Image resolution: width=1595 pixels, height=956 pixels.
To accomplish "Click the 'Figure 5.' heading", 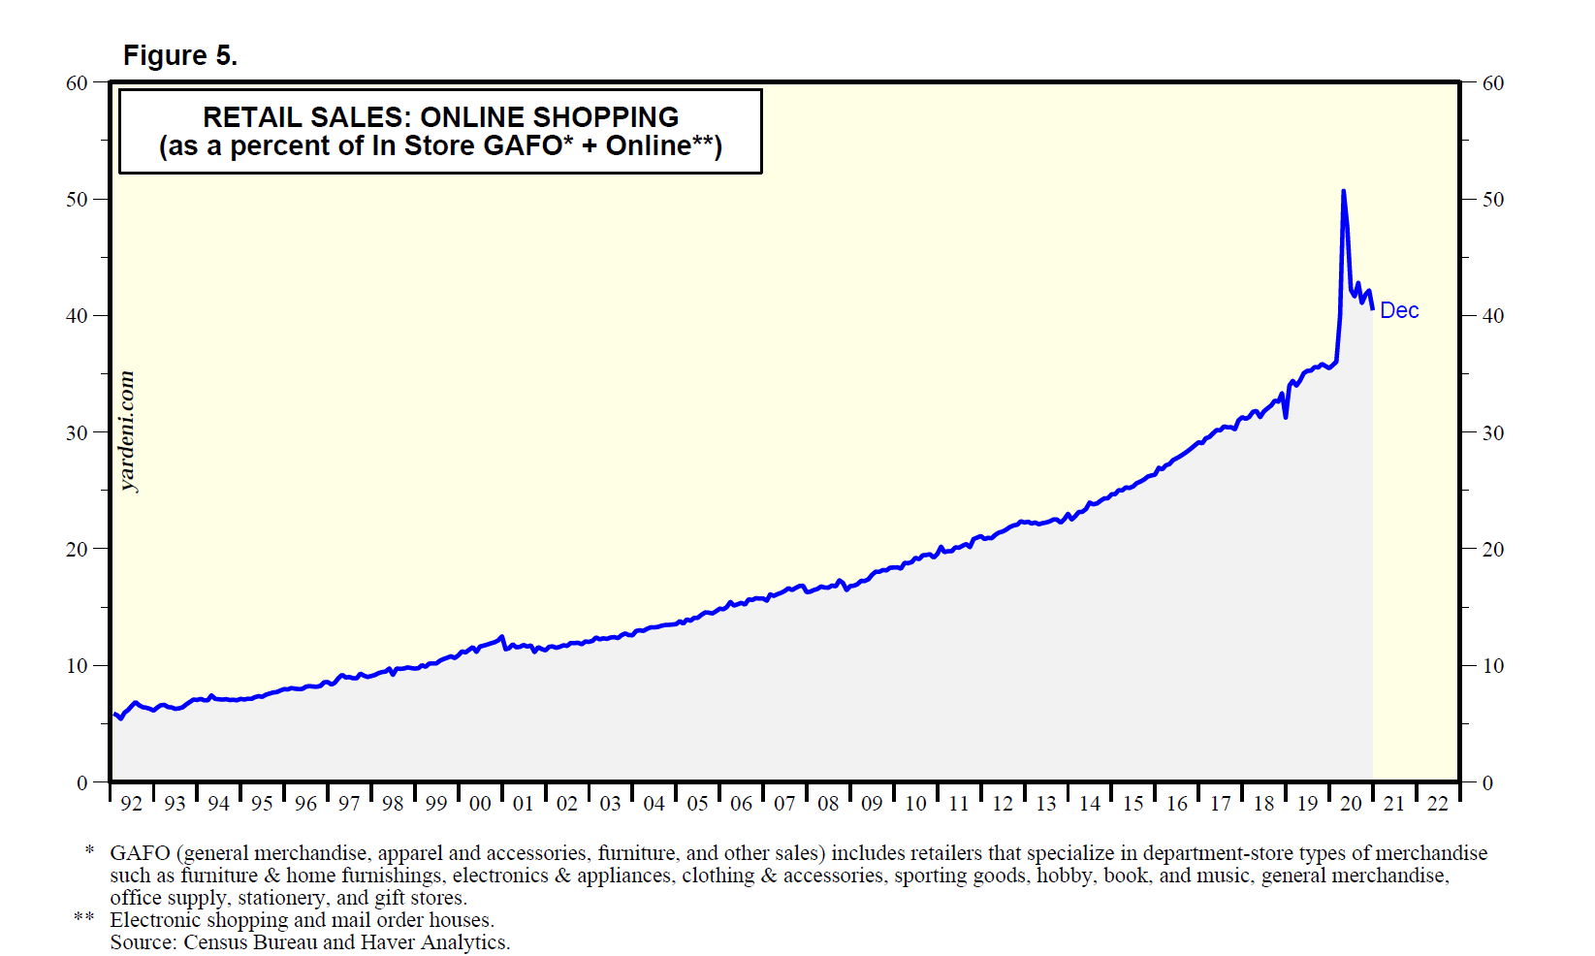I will [x=180, y=56].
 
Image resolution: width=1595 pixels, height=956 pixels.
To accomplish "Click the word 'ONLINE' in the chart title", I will [x=472, y=117].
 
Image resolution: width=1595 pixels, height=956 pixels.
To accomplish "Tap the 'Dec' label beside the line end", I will [x=1399, y=310].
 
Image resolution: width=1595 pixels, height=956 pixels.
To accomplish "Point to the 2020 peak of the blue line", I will [x=1343, y=191].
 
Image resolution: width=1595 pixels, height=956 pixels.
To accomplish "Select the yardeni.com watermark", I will [x=127, y=431].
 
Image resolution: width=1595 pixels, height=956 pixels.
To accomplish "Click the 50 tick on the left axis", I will [x=77, y=199].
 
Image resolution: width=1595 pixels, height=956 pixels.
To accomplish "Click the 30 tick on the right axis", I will [x=1493, y=432].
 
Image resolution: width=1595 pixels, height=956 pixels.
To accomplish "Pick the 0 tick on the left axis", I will [x=82, y=782].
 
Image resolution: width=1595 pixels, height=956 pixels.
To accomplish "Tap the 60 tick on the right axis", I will [x=1493, y=83].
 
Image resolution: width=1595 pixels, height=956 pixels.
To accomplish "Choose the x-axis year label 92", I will [x=131, y=804].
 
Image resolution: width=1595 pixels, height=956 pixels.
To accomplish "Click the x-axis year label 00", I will [x=480, y=804].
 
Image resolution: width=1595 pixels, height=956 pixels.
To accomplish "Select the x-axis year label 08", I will [x=828, y=804].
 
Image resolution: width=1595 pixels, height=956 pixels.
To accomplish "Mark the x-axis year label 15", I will [x=1133, y=804].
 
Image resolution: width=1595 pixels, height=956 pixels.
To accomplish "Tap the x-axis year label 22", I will [x=1438, y=804].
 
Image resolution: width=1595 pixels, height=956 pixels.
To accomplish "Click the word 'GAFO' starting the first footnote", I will [x=140, y=853].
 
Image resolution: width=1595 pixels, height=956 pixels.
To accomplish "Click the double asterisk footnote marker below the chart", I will [x=84, y=918].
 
